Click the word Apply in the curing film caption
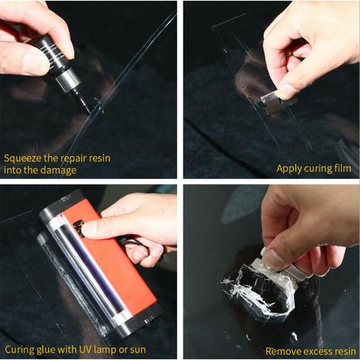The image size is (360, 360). pyautogui.click(x=289, y=169)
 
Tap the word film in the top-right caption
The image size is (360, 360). pyautogui.click(x=341, y=169)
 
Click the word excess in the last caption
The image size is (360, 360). pyautogui.click(x=315, y=351)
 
